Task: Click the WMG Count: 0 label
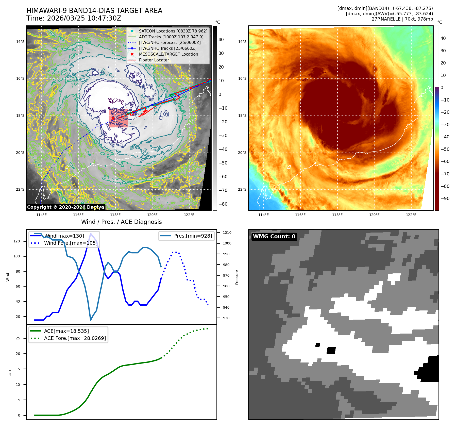click(274, 237)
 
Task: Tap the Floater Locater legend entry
click(154, 60)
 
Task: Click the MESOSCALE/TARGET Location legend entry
click(168, 54)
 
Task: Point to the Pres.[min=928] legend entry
click(193, 236)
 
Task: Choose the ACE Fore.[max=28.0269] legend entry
click(75, 338)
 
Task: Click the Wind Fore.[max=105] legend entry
click(71, 243)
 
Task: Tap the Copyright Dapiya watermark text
click(65, 207)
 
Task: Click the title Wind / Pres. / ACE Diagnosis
click(121, 222)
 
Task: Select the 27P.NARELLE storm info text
click(402, 19)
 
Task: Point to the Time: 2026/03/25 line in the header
click(74, 19)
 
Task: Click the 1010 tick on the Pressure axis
click(227, 233)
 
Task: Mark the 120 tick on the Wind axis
click(17, 241)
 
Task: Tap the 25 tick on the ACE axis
click(18, 338)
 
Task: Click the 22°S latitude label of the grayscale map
click(20, 189)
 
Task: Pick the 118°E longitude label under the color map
click(337, 215)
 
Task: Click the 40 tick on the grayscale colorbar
click(221, 40)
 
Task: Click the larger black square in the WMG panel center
click(331, 350)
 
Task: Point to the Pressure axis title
click(237, 277)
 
